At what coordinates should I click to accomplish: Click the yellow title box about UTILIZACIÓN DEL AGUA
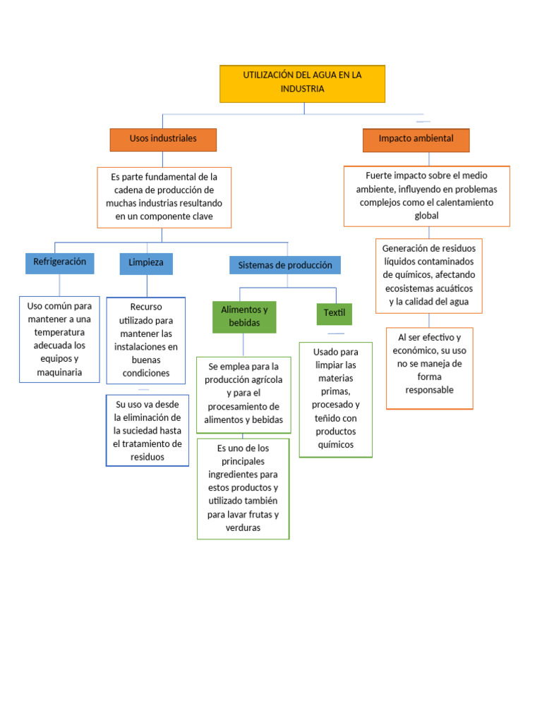(x=302, y=83)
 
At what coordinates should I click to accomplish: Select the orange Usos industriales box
(x=163, y=139)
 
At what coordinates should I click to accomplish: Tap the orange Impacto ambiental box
(x=416, y=139)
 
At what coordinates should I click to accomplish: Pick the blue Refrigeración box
(x=59, y=262)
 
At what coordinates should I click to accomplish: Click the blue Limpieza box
(x=146, y=263)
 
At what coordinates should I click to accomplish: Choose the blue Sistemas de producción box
(x=285, y=265)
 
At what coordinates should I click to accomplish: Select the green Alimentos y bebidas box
(x=244, y=317)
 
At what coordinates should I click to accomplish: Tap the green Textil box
(x=334, y=312)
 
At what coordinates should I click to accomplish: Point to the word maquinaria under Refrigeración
(x=59, y=372)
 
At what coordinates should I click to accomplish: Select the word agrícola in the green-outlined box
(x=263, y=380)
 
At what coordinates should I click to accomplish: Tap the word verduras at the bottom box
(x=243, y=528)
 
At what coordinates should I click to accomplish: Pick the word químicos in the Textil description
(x=336, y=445)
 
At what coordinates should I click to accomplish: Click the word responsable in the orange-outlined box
(x=429, y=390)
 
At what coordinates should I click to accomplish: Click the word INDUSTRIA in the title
(x=302, y=90)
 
